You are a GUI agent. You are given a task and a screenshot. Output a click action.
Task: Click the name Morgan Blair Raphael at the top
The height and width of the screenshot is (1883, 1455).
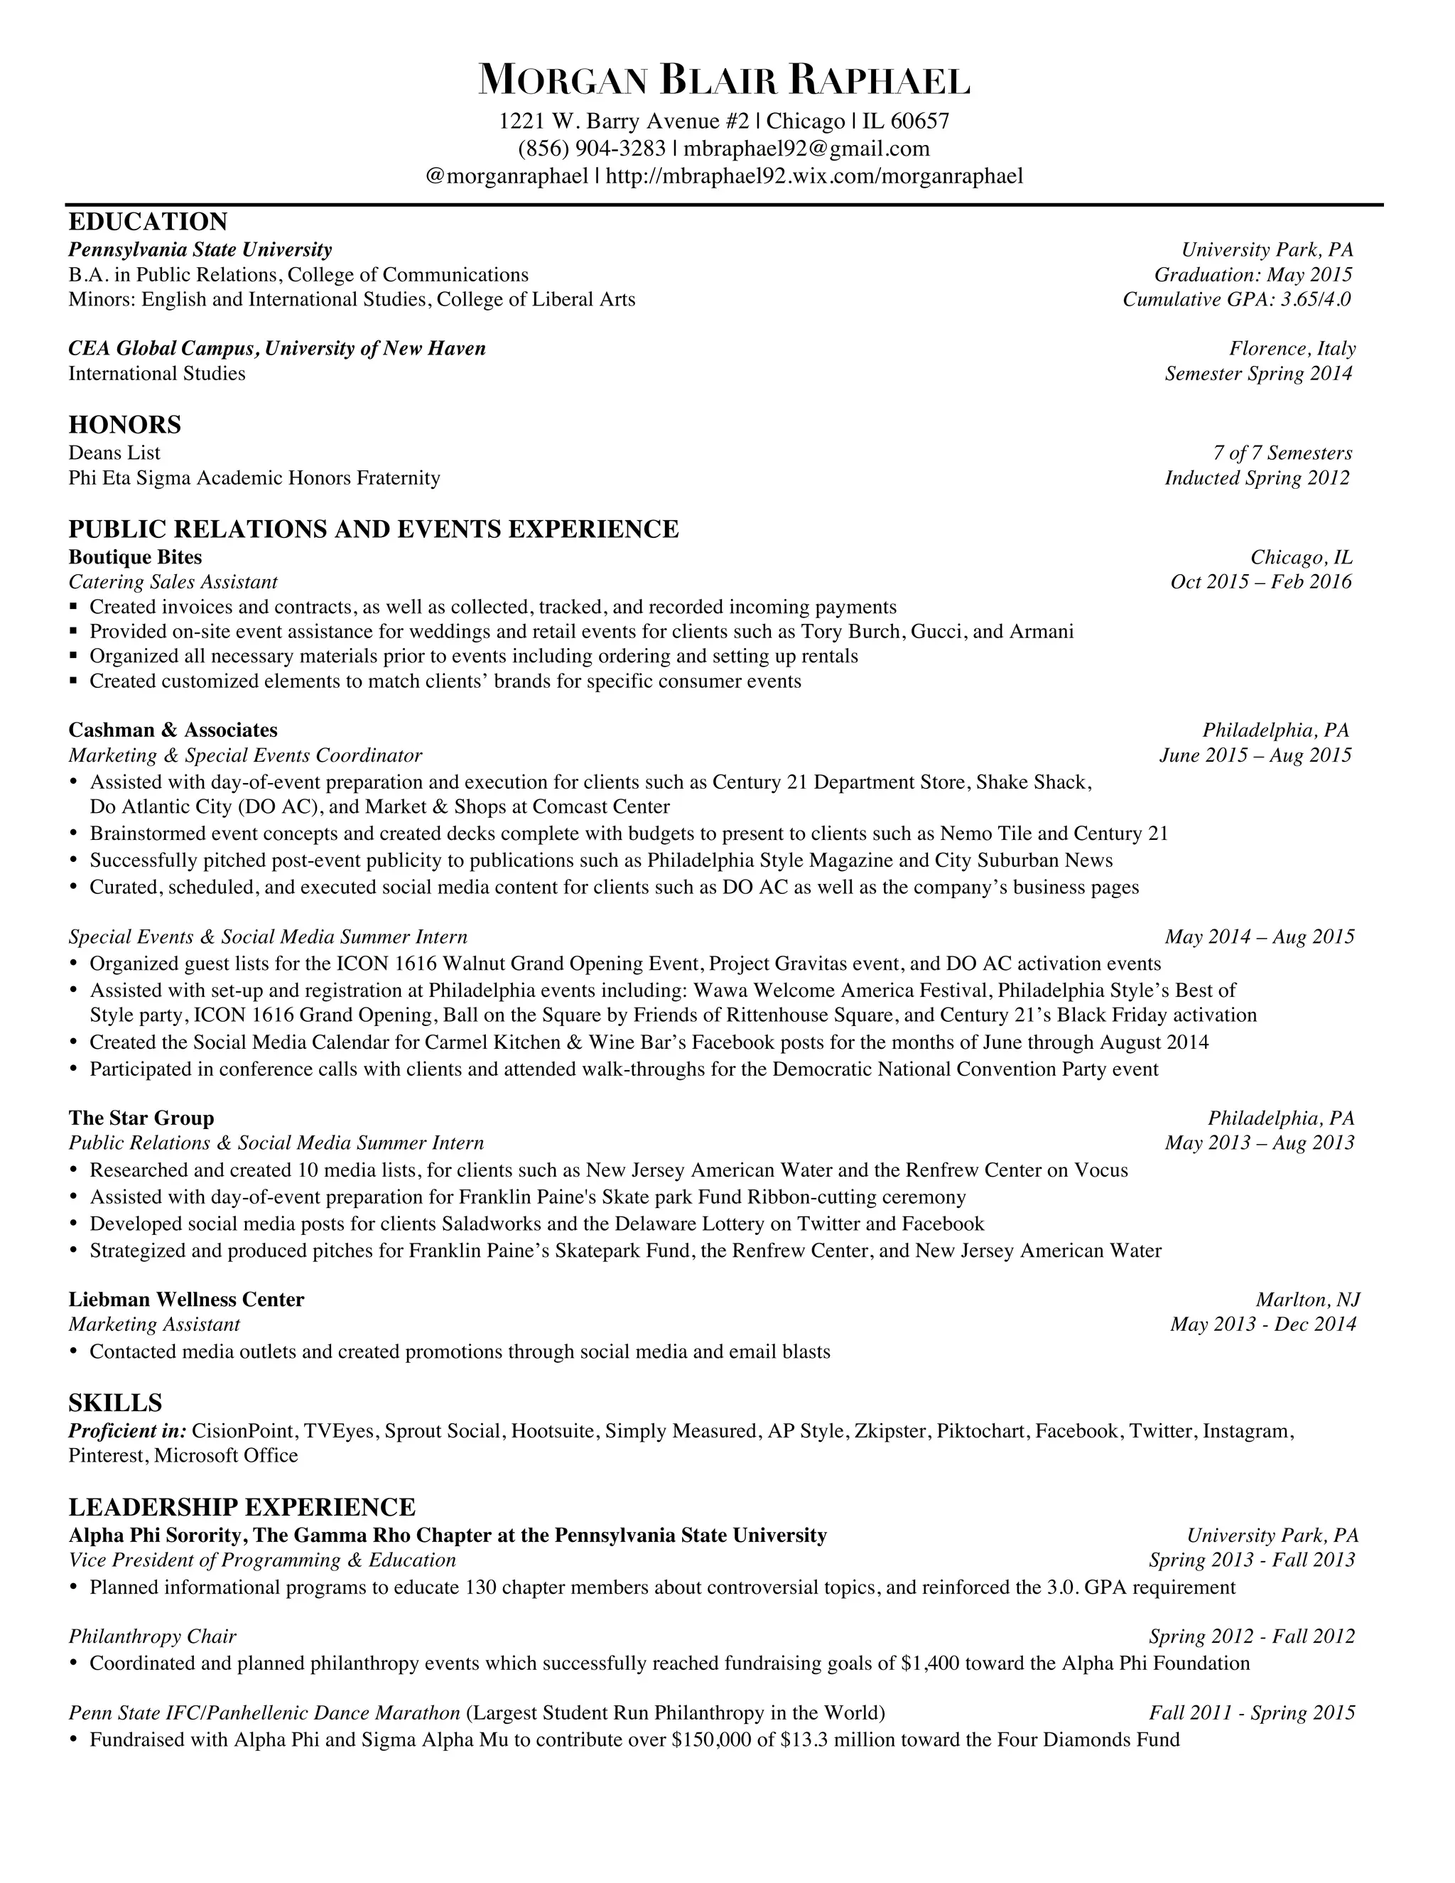pyautogui.click(x=724, y=80)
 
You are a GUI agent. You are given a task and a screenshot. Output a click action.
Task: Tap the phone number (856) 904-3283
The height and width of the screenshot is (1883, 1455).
pyautogui.click(x=591, y=149)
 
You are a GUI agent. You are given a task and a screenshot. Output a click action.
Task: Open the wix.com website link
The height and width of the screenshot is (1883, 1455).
pyautogui.click(x=815, y=176)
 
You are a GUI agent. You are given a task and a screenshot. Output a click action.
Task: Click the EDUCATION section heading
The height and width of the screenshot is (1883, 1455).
pyautogui.click(x=147, y=222)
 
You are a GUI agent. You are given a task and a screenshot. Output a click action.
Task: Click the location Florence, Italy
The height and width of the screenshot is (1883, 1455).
pyautogui.click(x=1292, y=348)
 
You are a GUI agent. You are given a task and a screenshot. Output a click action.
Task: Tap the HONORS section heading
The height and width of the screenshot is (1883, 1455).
pyautogui.click(x=124, y=424)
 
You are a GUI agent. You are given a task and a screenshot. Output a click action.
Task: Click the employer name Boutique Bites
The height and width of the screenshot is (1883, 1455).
pyautogui.click(x=134, y=557)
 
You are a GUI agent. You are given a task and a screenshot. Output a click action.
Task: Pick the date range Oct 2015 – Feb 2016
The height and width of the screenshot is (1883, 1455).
pyautogui.click(x=1261, y=582)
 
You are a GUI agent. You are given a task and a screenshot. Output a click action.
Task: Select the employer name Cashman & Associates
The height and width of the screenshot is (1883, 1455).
pyautogui.click(x=173, y=730)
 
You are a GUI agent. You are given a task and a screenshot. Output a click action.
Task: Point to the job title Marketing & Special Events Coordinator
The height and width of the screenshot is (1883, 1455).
pyautogui.click(x=245, y=755)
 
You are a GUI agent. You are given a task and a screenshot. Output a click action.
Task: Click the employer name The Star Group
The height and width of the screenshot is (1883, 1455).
pyautogui.click(x=141, y=1118)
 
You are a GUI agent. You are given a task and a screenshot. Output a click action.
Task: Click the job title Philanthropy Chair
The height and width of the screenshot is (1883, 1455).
pyautogui.click(x=152, y=1636)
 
